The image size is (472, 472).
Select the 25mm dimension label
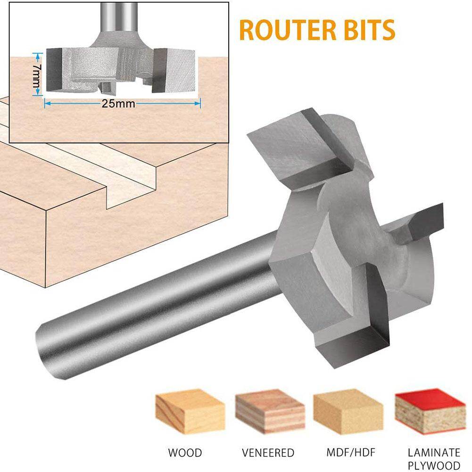[x=118, y=104]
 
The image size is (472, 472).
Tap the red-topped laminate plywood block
[x=431, y=413]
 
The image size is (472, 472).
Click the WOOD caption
[x=185, y=453]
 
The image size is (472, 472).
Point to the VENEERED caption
[x=268, y=453]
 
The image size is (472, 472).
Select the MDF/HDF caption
[x=351, y=452]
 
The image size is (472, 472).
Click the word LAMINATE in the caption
[x=434, y=453]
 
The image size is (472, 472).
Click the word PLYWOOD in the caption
[x=434, y=465]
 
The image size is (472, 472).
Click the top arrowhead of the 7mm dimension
[x=37, y=56]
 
